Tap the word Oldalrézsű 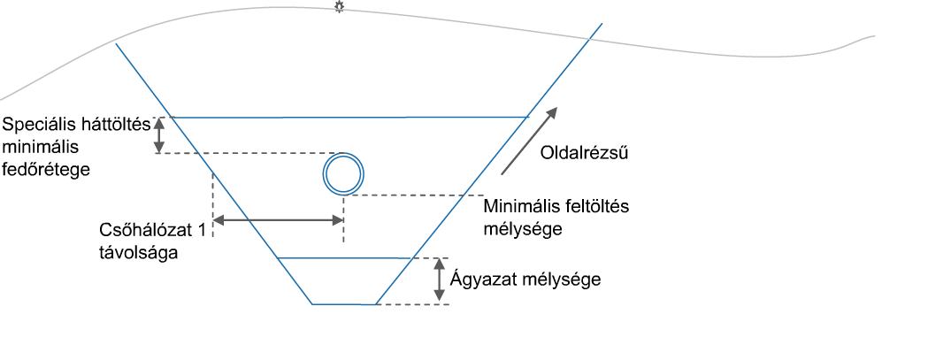[583, 152]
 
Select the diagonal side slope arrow [527, 142]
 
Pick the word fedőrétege [46, 169]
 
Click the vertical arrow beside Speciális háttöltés [159, 135]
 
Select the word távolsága [138, 253]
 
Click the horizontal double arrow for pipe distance [279, 220]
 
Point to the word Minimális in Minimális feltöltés [521, 207]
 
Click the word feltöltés [596, 207]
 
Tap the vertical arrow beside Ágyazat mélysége [439, 280]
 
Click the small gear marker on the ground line [339, 7]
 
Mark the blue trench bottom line [344, 304]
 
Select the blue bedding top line [344, 259]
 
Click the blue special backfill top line [351, 117]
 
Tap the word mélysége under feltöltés [524, 230]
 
